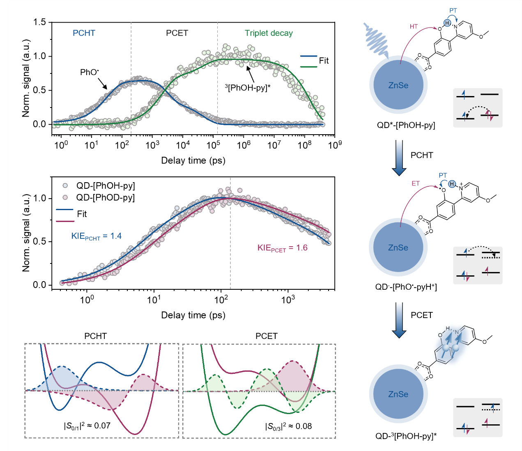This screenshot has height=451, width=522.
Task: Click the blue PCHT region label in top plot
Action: (84, 33)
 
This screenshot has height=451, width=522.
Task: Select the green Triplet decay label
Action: (269, 33)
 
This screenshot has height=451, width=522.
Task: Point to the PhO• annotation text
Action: (89, 72)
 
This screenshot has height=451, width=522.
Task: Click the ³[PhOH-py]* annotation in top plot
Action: (248, 87)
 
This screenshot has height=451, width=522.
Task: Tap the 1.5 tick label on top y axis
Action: (40, 22)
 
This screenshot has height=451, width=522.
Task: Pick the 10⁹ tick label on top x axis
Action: (335, 144)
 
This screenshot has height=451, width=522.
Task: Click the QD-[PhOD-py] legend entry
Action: (105, 198)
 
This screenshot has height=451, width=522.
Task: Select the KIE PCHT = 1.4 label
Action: (97, 236)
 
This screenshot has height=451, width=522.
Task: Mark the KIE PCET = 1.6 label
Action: (282, 248)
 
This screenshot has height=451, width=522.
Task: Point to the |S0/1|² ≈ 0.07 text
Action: (87, 426)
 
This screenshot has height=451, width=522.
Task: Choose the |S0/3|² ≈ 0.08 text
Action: (288, 426)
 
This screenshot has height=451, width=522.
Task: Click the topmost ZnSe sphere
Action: (398, 85)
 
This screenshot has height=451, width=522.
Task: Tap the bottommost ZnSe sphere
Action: (398, 394)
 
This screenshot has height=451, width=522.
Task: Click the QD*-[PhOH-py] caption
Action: (406, 125)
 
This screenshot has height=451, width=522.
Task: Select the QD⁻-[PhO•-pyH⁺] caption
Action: (406, 287)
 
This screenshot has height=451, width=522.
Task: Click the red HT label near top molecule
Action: (414, 27)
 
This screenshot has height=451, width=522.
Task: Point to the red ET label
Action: (416, 183)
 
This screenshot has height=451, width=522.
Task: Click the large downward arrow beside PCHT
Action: (398, 158)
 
